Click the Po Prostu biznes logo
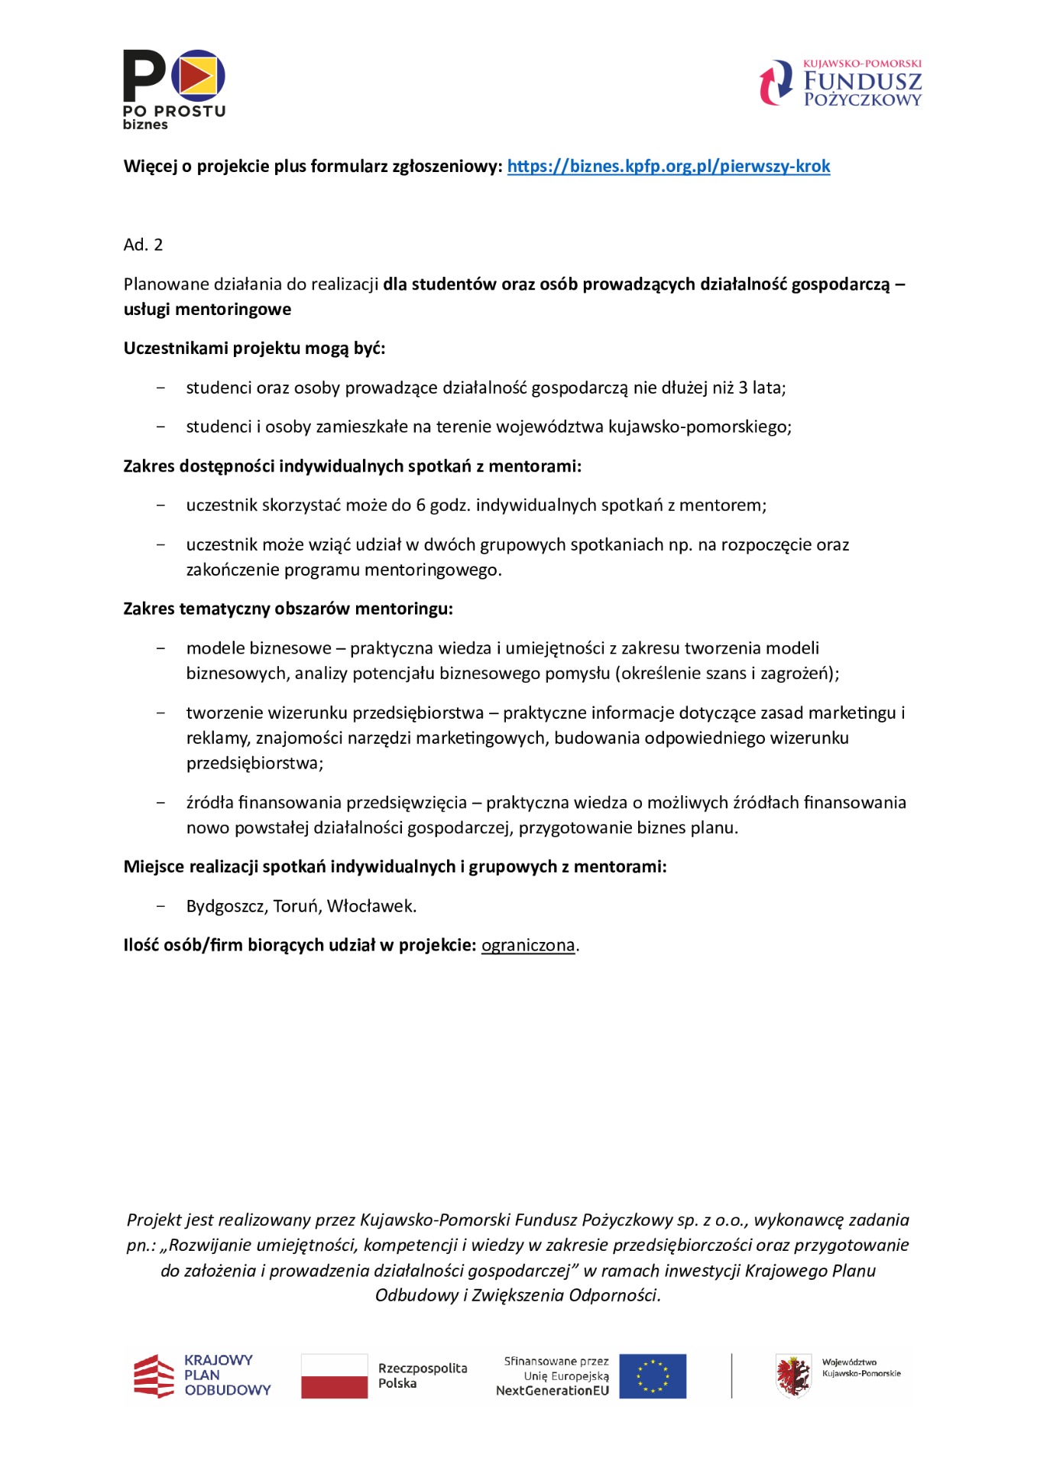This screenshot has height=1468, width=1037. coord(174,89)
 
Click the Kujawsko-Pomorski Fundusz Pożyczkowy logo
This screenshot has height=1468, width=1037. coord(841,83)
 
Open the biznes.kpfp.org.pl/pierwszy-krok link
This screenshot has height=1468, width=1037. coord(668,167)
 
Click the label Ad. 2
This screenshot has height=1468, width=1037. coord(143,245)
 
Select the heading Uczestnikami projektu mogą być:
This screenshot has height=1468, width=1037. coord(254,349)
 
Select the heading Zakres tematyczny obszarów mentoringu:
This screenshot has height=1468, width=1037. coord(288,609)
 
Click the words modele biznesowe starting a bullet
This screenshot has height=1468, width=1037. coord(258,648)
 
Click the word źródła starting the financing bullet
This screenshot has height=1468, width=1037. coord(210,803)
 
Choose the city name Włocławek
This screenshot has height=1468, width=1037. coord(371,907)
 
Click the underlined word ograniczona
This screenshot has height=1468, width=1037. coord(528,946)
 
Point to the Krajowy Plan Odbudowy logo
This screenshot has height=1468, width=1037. coord(203,1375)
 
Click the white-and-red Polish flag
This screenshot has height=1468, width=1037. coord(334,1376)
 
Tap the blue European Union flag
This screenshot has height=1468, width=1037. coord(652,1376)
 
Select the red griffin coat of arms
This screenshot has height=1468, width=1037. coord(793,1376)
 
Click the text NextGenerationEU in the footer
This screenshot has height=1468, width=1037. coord(553,1391)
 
